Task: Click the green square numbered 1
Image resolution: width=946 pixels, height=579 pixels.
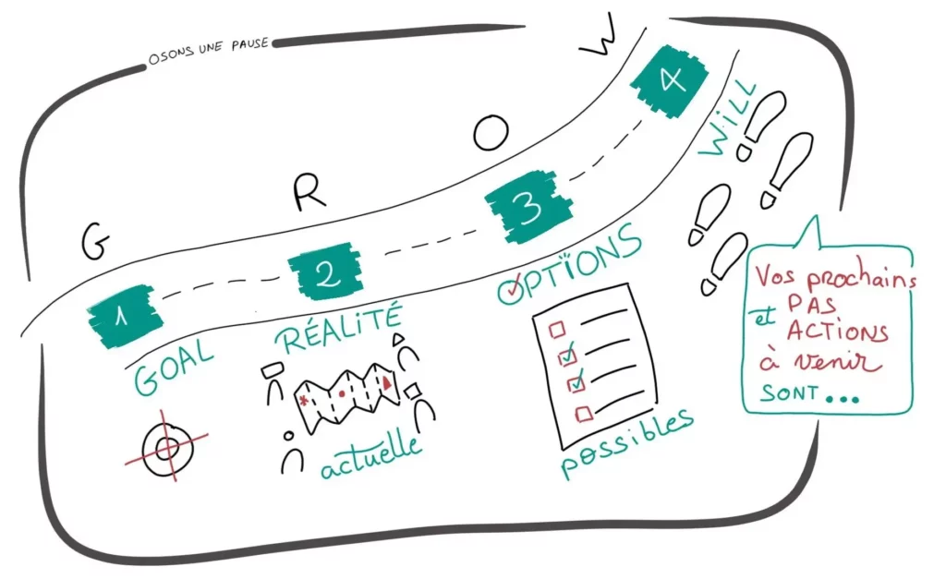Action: pos(125,316)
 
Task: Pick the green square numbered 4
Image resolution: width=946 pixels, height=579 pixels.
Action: pos(670,80)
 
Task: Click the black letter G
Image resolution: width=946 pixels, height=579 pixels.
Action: pos(95,241)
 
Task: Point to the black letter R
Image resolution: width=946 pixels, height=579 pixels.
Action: pos(309,192)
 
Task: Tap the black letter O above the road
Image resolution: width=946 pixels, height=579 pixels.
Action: pos(491,133)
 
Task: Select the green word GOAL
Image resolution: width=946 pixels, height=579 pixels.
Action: pos(173,368)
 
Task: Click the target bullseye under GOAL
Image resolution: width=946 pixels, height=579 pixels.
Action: pos(167,447)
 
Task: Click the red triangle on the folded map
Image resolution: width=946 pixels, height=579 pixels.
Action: pos(387,381)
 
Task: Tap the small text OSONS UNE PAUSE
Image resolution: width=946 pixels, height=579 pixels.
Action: pos(208,52)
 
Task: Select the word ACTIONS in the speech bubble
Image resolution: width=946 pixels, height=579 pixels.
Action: pos(837,332)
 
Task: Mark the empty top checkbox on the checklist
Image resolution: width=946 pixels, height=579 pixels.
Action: pos(556,330)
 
